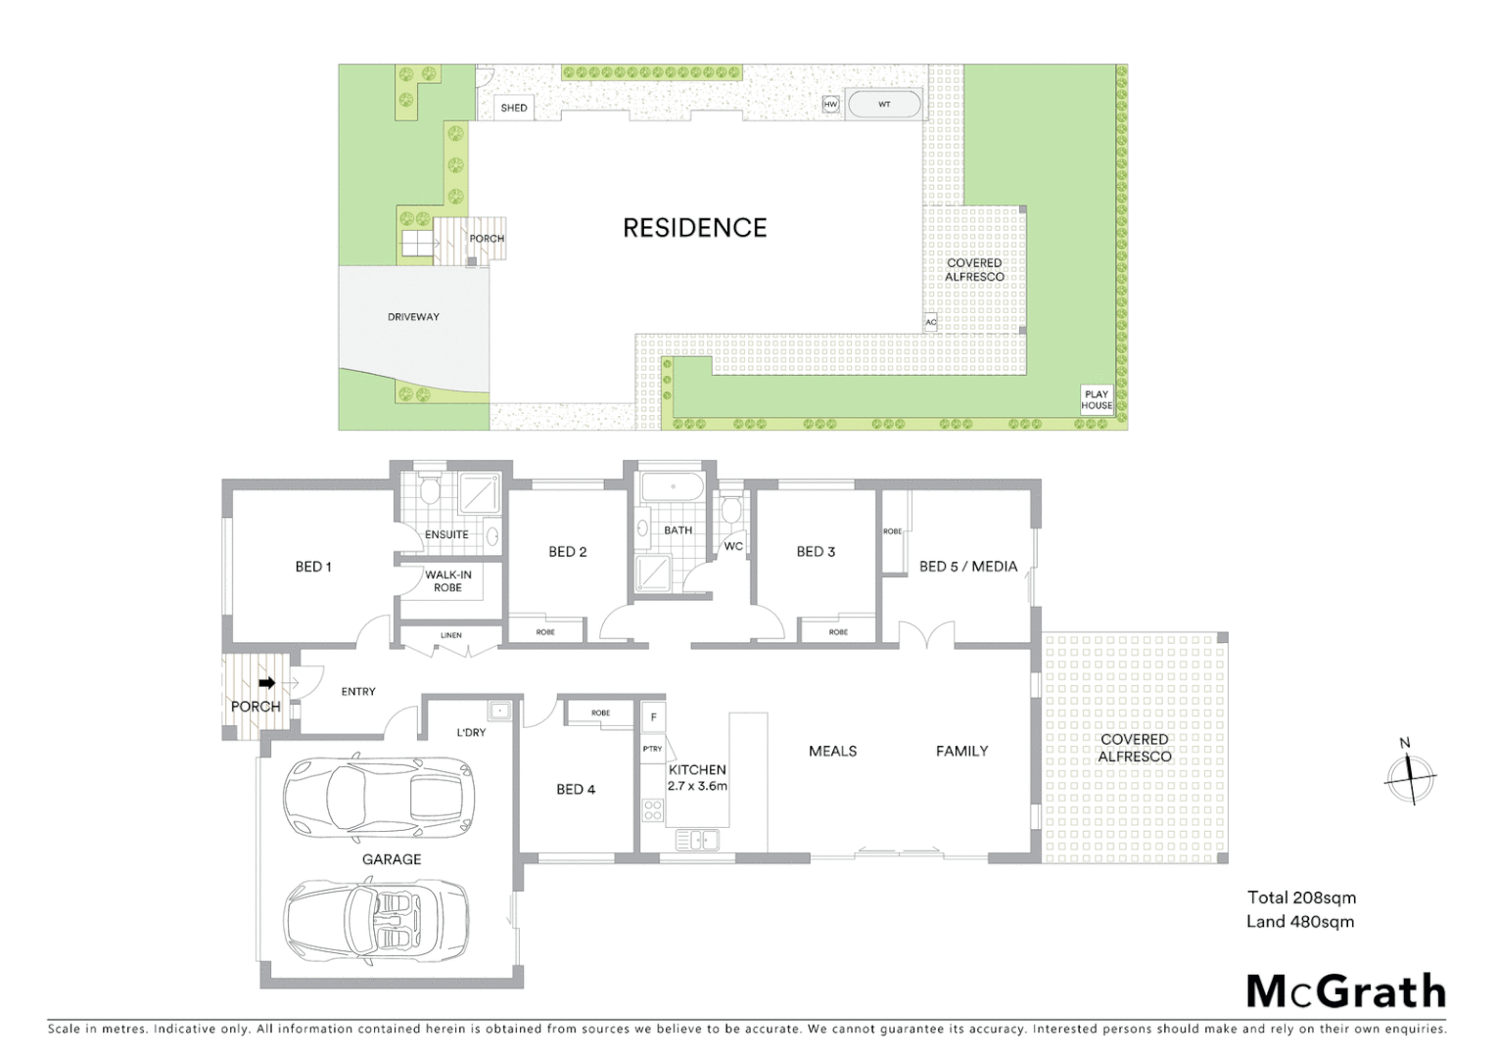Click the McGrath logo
click(x=1346, y=991)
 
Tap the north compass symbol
click(x=1411, y=777)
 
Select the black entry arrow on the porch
click(x=265, y=683)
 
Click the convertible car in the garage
click(x=376, y=919)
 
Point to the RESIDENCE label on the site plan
click(x=694, y=228)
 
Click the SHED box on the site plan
click(x=514, y=108)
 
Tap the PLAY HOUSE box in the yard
click(x=1097, y=399)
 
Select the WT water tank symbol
click(x=884, y=104)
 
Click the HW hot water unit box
click(x=831, y=105)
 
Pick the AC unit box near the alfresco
click(x=930, y=322)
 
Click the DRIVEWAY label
click(x=413, y=317)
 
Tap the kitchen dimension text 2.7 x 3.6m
click(x=697, y=786)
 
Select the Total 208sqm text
click(x=1301, y=897)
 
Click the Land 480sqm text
click(x=1300, y=921)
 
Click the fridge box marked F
click(x=653, y=717)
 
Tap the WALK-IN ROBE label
click(x=447, y=581)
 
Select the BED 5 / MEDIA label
click(x=967, y=567)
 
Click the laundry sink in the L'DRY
click(x=499, y=711)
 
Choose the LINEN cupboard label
click(x=450, y=635)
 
